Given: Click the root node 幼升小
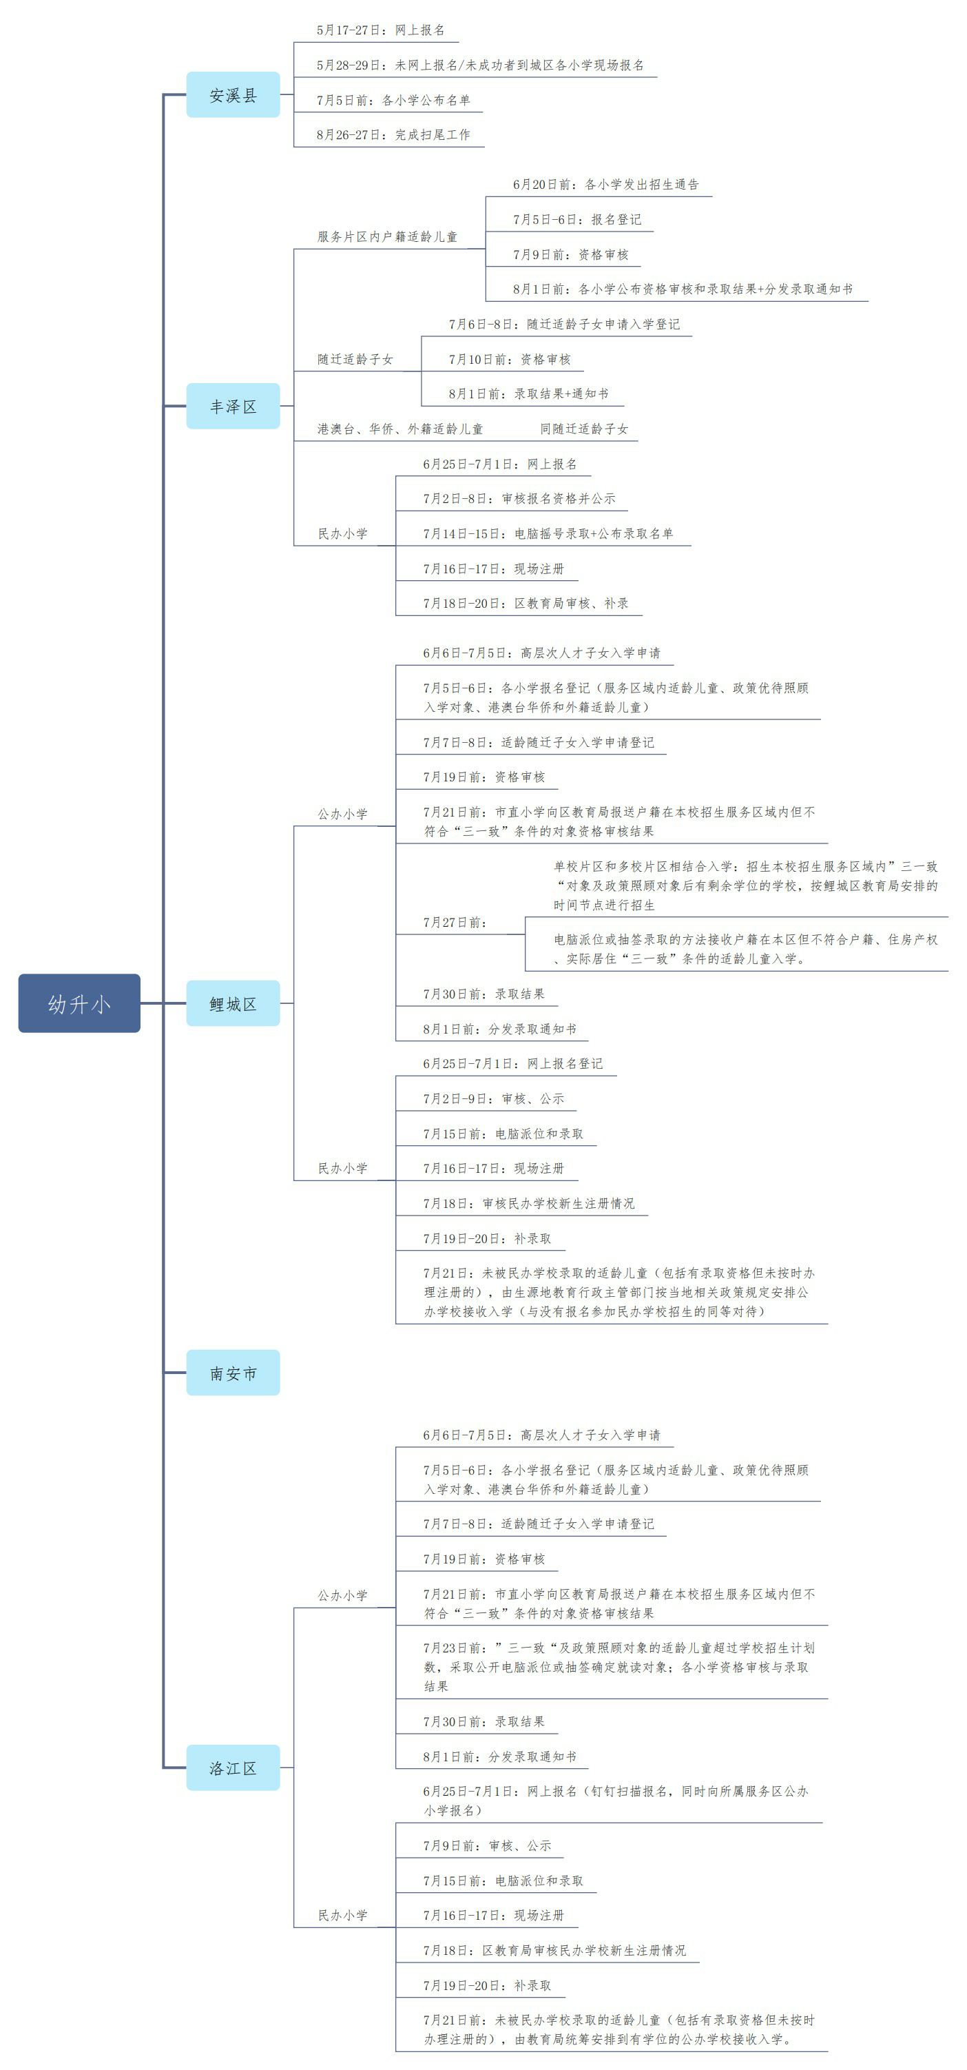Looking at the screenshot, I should click(x=79, y=1003).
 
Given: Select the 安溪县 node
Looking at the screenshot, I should click(x=233, y=95).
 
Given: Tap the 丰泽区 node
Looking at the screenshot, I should click(x=233, y=406).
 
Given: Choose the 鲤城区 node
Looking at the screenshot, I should click(x=233, y=1003).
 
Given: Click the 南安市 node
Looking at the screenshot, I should click(x=233, y=1373).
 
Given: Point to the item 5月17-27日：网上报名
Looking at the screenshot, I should click(x=381, y=30).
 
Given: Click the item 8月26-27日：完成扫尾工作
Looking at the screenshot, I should click(x=393, y=135).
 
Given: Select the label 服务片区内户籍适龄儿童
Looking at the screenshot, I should click(x=387, y=236).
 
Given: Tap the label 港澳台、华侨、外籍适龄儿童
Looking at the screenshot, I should click(x=400, y=429).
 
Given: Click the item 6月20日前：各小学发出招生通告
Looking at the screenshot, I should click(x=605, y=185).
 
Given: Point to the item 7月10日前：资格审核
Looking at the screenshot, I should click(x=509, y=359).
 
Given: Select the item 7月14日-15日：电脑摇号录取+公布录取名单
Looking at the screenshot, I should click(x=548, y=533).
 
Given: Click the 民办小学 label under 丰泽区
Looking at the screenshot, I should click(x=342, y=533).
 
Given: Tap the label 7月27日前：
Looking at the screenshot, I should click(x=455, y=923).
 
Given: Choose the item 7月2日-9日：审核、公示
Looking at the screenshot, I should click(x=493, y=1098).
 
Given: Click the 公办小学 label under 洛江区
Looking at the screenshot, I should click(x=342, y=1595).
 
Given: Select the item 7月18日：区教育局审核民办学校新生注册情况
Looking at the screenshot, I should click(x=554, y=1950).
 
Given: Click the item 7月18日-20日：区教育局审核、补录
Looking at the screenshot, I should click(x=526, y=604).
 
